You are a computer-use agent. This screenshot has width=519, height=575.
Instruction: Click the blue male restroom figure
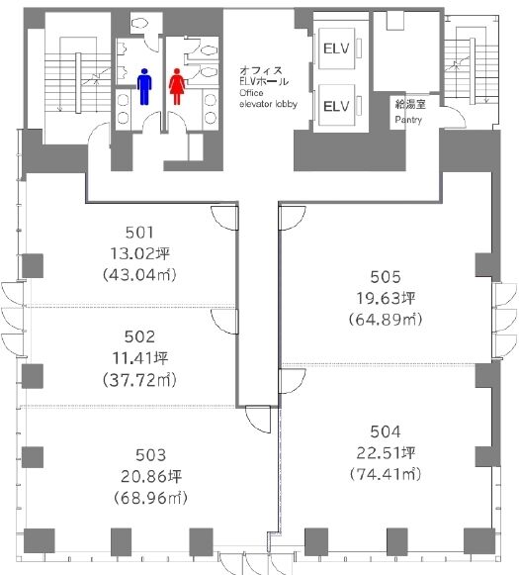[x=144, y=86]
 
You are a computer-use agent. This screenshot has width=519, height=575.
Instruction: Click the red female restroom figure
[x=177, y=86]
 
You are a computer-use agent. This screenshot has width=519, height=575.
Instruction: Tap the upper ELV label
[x=336, y=48]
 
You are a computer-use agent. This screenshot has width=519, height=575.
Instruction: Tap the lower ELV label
[x=336, y=106]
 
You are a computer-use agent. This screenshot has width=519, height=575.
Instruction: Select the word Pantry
[x=408, y=120]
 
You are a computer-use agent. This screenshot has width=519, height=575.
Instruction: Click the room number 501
[x=139, y=233]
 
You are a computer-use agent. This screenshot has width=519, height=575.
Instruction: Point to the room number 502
[x=139, y=336]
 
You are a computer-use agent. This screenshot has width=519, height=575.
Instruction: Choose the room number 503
[x=150, y=455]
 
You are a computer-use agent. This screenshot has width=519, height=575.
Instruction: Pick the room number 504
[x=385, y=431]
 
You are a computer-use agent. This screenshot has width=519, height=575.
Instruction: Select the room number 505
[x=385, y=277]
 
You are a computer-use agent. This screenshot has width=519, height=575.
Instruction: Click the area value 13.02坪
[x=139, y=253]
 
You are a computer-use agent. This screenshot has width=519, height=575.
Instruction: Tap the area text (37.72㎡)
[x=139, y=380]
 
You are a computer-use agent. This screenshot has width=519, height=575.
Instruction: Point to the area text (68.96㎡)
[x=150, y=498]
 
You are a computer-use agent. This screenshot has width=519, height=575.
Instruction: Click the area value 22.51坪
[x=386, y=453]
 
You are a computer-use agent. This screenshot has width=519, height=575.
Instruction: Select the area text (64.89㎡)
[x=386, y=319]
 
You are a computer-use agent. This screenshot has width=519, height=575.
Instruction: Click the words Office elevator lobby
[x=268, y=98]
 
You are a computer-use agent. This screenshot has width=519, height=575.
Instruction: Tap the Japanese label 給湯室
[x=410, y=104]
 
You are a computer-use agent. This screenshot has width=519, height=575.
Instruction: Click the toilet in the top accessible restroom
[x=139, y=24]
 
